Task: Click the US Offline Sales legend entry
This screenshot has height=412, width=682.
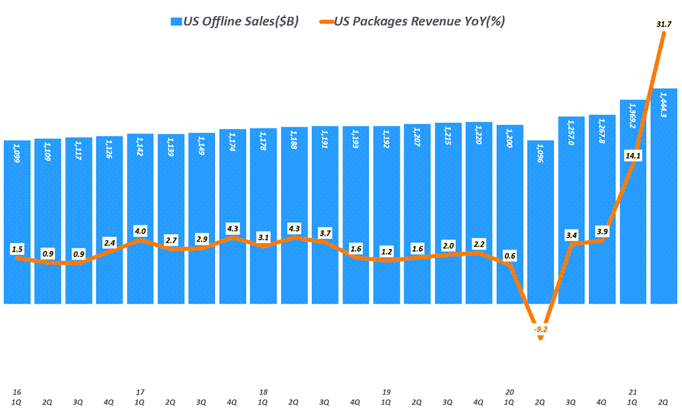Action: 234,21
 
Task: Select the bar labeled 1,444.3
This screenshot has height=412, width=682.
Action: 663,200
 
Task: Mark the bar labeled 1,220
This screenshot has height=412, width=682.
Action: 479,213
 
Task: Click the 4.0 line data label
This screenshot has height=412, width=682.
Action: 140,231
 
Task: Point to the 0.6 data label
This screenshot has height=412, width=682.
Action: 510,256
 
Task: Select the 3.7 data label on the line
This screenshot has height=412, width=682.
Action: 325,233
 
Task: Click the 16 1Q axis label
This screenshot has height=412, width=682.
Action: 17,397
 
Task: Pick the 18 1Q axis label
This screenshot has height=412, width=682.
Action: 263,397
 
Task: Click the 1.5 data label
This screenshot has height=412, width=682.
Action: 17,249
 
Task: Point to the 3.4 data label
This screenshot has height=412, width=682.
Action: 571,235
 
